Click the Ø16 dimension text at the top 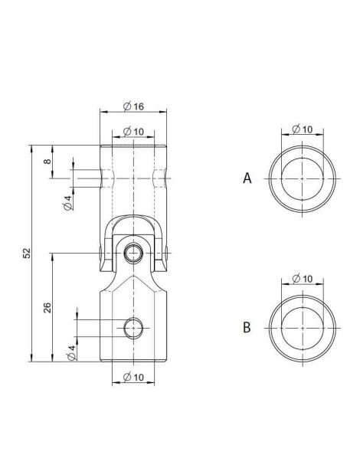tap(135, 106)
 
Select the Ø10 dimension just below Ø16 tap(135, 132)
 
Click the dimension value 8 tap(47, 162)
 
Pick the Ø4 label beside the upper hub tap(68, 202)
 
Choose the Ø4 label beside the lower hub tap(71, 352)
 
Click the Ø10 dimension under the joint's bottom tap(135, 376)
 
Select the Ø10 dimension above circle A tap(303, 129)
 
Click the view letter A tap(247, 178)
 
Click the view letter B tap(247, 327)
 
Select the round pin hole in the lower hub tap(134, 329)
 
